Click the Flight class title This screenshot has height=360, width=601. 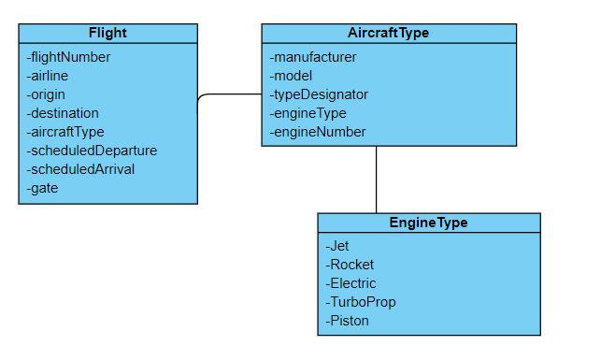coord(107,33)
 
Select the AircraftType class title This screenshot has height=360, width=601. coord(388,33)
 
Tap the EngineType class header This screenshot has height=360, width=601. coord(428,223)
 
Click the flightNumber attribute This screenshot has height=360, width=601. coord(69,57)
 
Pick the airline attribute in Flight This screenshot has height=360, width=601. coord(48,76)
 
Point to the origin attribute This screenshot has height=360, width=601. coord(46,94)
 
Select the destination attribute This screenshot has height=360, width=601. coord(63,113)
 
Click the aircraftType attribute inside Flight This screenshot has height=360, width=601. coord(65,132)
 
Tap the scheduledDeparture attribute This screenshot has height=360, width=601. coord(92,151)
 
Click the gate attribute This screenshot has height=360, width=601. coord(43,188)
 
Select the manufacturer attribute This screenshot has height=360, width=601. coord(313,57)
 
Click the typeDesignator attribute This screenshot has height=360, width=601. coord(319,94)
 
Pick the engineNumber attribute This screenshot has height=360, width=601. coord(318,132)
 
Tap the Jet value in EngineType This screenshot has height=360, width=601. coord(337,246)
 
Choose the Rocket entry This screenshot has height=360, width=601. coord(350,265)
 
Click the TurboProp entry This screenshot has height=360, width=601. coord(361,302)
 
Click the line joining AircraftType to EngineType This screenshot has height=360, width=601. coord(377,180)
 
